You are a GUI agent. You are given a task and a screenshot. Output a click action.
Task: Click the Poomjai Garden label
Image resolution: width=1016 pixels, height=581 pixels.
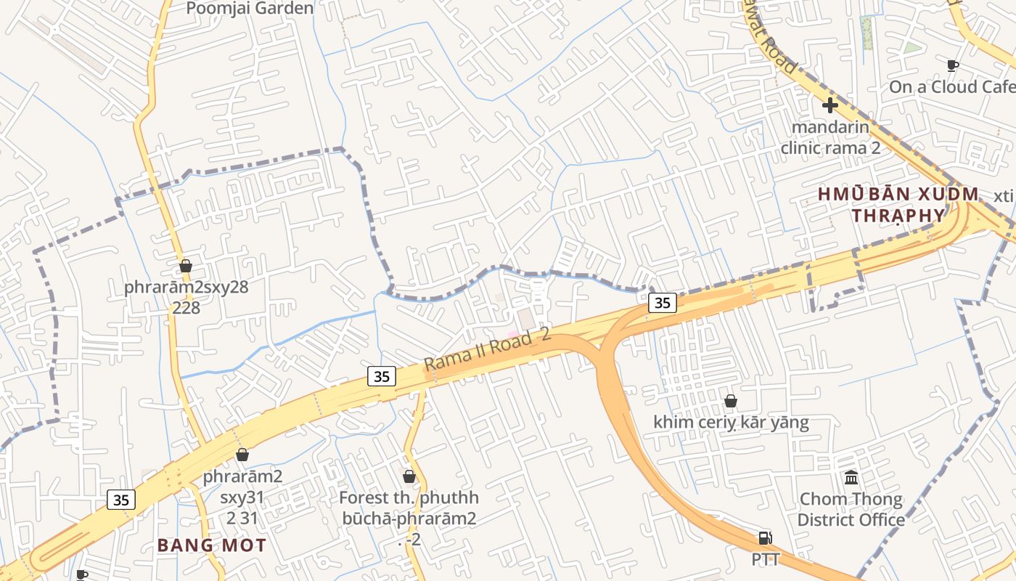(250, 9)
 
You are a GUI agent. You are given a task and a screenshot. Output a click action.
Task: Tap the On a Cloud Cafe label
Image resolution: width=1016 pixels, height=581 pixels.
(951, 87)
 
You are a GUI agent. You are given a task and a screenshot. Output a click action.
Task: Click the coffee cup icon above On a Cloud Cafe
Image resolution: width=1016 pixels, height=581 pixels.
(953, 65)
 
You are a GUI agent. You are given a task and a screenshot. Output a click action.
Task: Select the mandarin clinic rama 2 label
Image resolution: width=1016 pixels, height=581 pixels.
(830, 137)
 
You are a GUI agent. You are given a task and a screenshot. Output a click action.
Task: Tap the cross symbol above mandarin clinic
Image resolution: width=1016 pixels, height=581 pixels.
(830, 105)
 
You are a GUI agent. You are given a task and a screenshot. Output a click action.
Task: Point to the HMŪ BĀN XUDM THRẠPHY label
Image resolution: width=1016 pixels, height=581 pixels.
(898, 205)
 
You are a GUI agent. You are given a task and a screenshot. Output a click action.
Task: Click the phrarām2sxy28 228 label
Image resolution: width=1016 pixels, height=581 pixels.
(186, 297)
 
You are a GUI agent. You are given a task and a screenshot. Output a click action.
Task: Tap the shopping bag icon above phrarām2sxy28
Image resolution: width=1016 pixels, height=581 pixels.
(186, 266)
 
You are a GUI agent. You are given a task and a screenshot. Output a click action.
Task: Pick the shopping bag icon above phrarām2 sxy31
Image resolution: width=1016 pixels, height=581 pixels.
(242, 455)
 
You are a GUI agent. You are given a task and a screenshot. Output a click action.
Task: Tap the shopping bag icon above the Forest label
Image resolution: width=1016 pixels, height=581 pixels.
(409, 476)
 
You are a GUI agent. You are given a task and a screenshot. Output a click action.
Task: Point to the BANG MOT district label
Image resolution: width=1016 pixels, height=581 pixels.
(212, 545)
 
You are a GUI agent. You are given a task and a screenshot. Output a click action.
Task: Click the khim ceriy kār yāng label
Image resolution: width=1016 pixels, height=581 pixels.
(731, 422)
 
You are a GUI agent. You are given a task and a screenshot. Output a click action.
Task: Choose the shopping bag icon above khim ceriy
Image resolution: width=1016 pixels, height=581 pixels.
(731, 401)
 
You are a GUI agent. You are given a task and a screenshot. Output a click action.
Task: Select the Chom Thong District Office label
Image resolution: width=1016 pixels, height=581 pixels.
(851, 509)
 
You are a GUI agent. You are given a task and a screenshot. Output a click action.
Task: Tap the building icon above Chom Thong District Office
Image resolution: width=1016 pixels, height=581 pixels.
(851, 477)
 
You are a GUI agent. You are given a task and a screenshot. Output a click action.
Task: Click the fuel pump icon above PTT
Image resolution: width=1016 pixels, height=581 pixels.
(765, 538)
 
